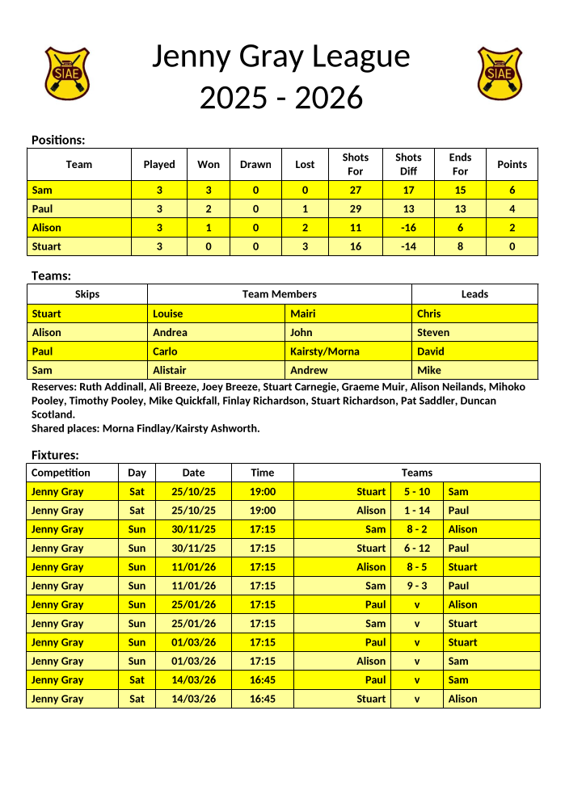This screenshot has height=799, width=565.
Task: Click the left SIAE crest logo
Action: tap(67, 73)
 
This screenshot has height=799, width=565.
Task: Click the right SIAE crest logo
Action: tap(500, 73)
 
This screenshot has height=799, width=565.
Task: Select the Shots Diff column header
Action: tap(408, 164)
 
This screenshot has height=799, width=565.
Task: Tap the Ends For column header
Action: tap(460, 164)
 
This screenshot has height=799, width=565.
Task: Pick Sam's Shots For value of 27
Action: tap(355, 190)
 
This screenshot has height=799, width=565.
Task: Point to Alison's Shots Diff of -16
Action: tap(408, 228)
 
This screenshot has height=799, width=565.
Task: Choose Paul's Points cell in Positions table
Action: tap(512, 208)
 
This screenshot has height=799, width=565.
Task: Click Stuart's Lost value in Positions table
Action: tap(305, 246)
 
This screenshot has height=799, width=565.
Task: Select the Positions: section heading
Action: tap(58, 141)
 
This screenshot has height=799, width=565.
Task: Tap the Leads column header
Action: tap(474, 294)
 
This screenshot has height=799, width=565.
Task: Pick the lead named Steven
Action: tap(433, 332)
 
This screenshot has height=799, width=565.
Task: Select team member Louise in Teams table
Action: tap(168, 313)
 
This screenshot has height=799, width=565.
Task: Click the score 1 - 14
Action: tap(417, 511)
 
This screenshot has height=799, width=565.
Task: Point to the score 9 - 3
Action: tap(417, 586)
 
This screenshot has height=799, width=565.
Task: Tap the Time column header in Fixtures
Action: tap(262, 473)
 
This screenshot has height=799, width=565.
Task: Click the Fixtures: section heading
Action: tap(55, 455)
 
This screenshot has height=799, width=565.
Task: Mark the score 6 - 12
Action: tap(417, 549)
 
